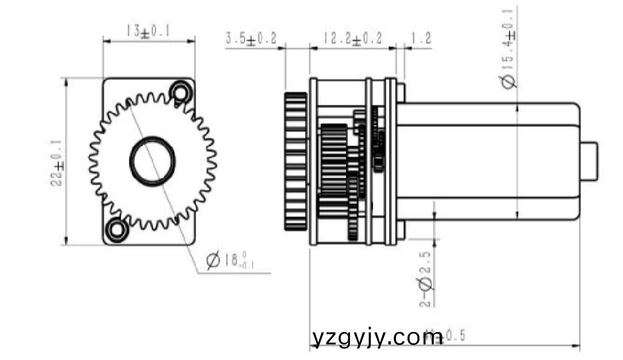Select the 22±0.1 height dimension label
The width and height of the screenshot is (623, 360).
(x=58, y=162)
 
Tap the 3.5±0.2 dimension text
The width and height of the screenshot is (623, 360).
(x=251, y=39)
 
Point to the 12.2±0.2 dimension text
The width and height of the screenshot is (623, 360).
(x=353, y=39)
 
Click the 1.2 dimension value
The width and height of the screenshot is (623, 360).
(x=421, y=39)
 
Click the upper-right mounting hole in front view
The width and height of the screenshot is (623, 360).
(x=180, y=91)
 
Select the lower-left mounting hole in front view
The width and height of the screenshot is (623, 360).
(x=117, y=229)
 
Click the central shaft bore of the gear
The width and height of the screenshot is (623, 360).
(x=152, y=161)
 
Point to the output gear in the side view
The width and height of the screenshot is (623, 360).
(x=296, y=161)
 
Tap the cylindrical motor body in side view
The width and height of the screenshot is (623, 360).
(x=488, y=162)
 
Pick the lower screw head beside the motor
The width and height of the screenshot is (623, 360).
(x=401, y=231)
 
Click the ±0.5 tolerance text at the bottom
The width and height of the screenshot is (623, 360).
(x=451, y=336)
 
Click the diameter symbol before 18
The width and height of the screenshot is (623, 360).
(x=213, y=260)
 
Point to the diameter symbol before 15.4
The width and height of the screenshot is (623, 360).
(x=509, y=81)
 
